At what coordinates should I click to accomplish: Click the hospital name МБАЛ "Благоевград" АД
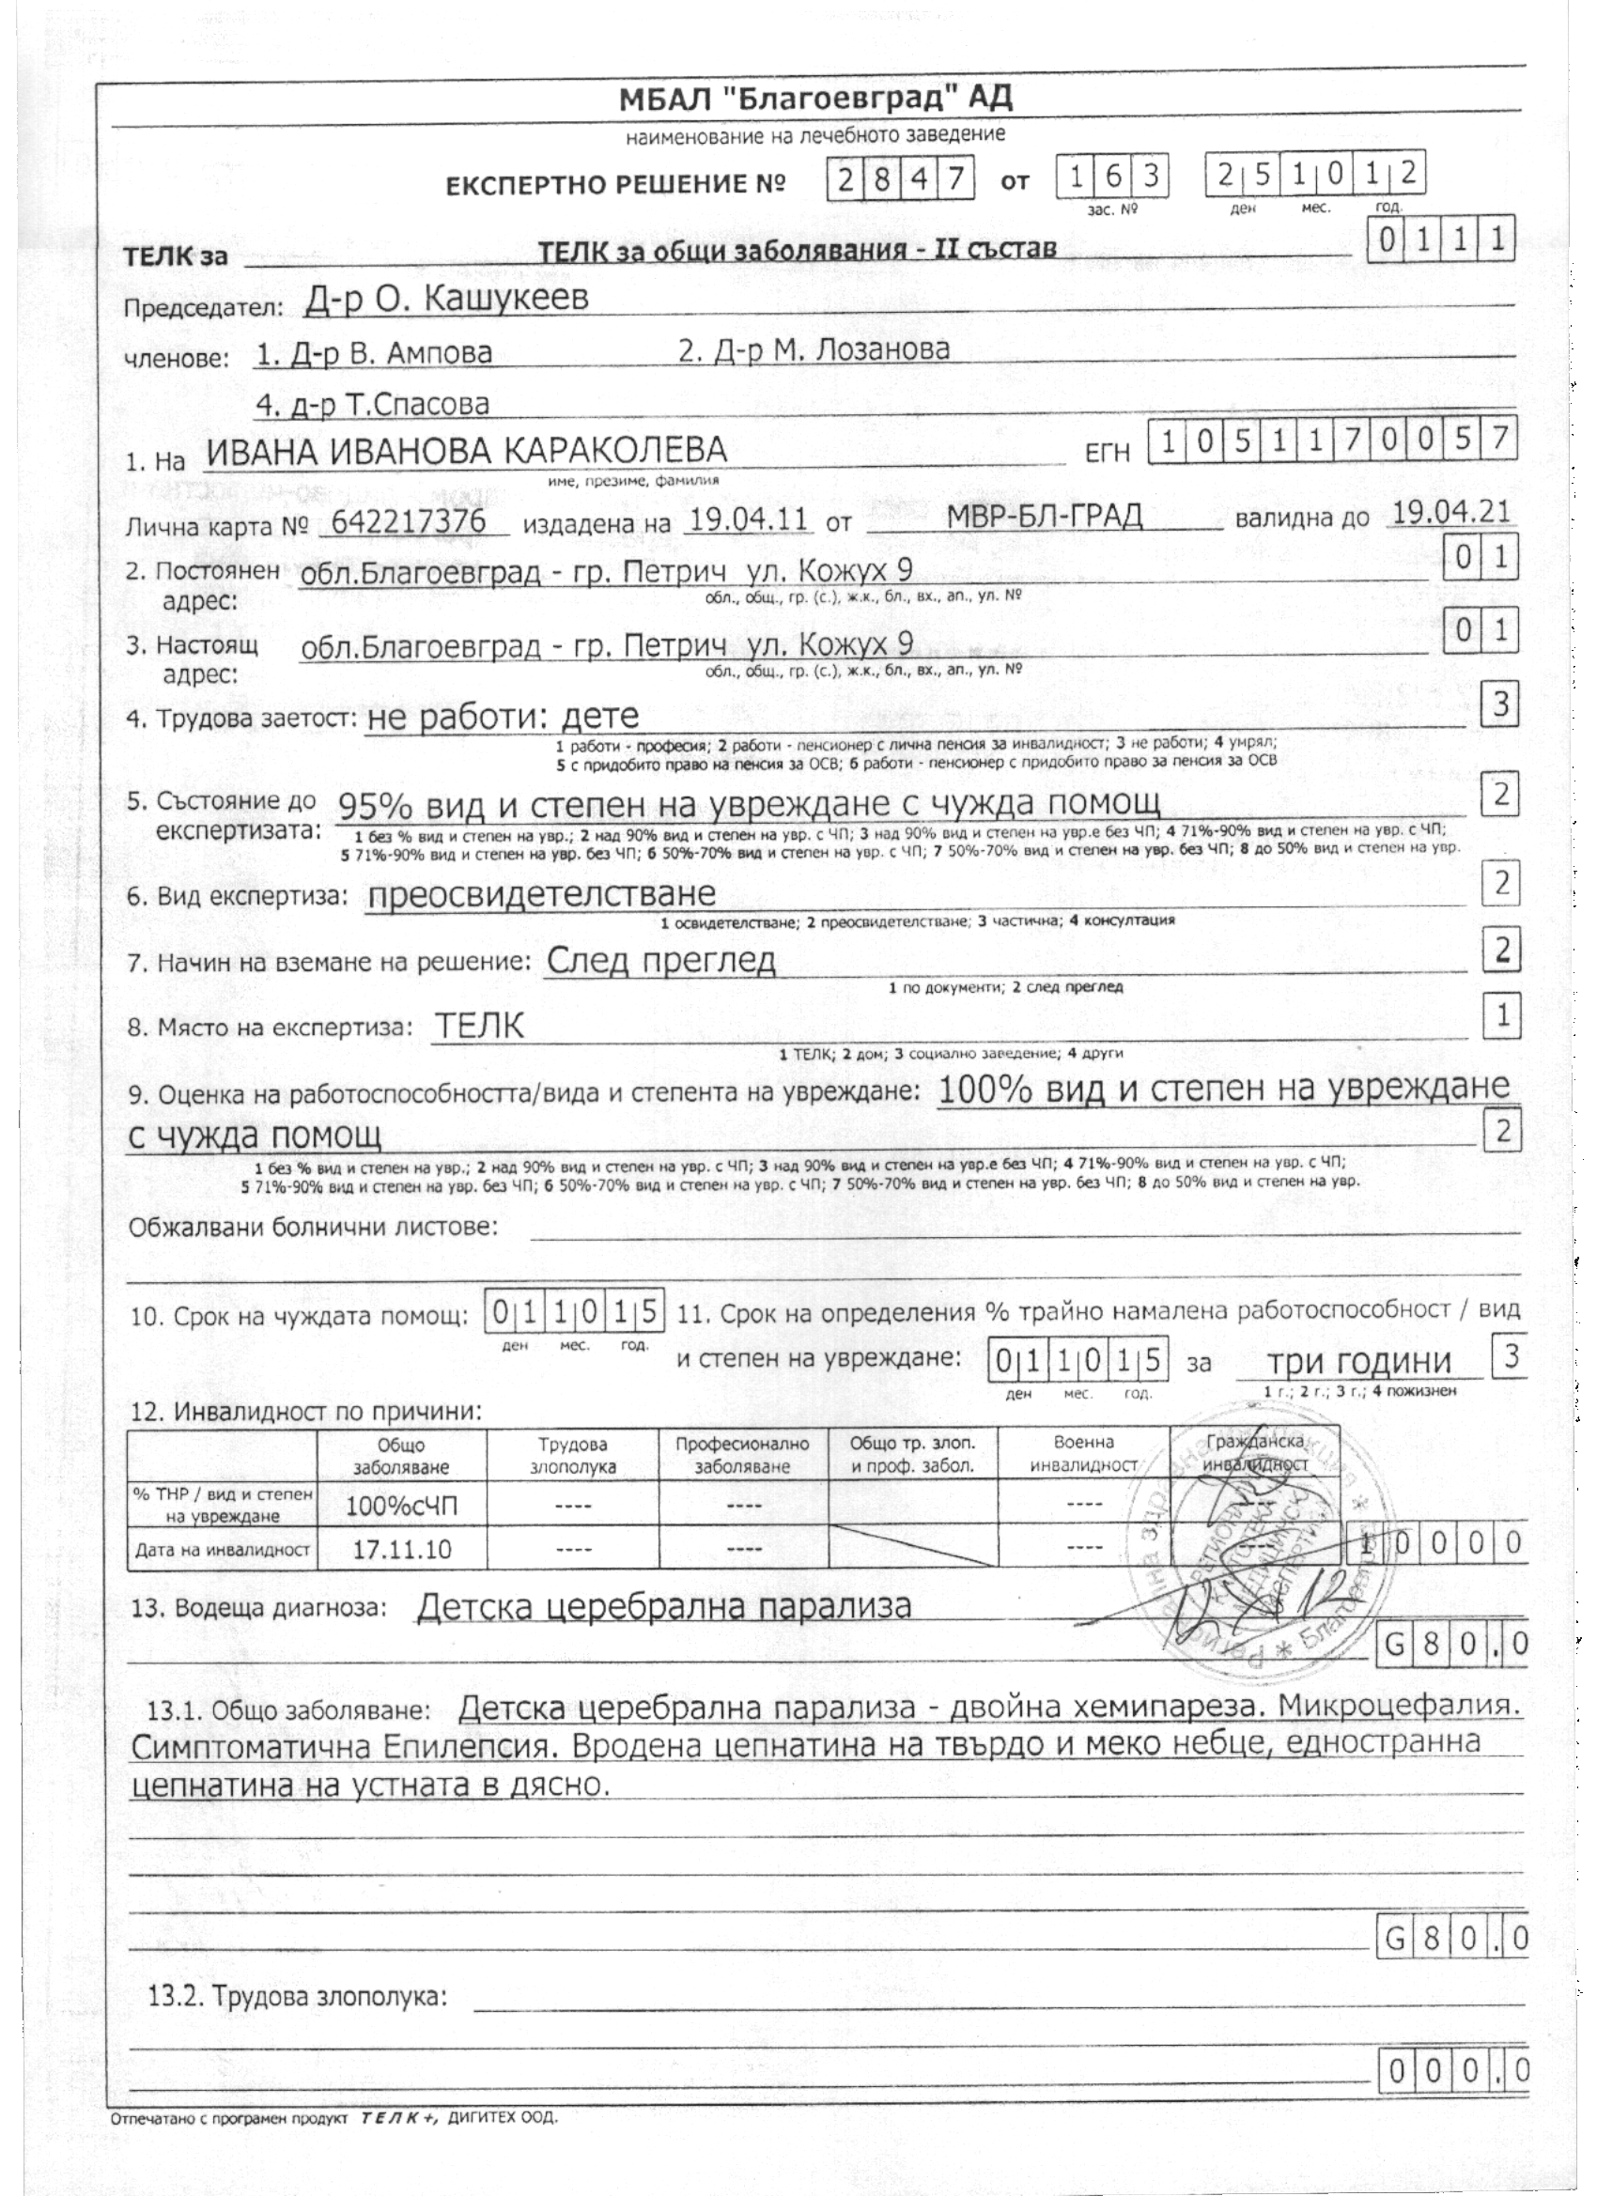click(x=816, y=98)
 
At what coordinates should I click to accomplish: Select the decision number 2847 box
click(x=900, y=181)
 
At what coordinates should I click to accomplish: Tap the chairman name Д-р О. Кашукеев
click(x=445, y=301)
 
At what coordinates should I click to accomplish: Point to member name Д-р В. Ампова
click(x=374, y=354)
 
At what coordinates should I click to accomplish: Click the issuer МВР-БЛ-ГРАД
click(x=1044, y=516)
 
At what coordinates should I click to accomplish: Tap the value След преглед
click(x=660, y=961)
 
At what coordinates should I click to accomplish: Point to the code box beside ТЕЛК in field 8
click(x=1502, y=1014)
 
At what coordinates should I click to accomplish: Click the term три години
click(x=1359, y=1362)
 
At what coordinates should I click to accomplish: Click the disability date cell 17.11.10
click(x=401, y=1549)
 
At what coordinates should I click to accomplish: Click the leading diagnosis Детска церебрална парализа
click(x=664, y=1607)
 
